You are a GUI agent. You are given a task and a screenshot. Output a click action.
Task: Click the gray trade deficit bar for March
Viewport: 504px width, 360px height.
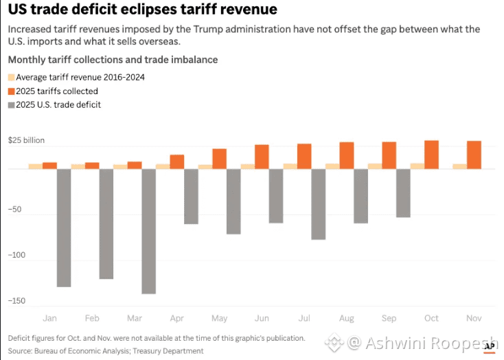click(x=148, y=231)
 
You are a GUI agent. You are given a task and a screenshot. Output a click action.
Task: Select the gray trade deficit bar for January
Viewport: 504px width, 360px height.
click(x=64, y=227)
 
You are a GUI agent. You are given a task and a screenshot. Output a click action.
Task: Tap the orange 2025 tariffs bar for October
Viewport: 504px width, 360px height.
click(x=431, y=155)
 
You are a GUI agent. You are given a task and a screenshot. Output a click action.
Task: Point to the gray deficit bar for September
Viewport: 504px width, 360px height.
click(x=403, y=193)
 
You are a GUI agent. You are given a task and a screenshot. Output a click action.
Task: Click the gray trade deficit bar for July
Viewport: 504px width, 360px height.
click(x=318, y=204)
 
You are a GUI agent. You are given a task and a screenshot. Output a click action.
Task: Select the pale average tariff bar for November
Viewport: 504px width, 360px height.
click(x=459, y=166)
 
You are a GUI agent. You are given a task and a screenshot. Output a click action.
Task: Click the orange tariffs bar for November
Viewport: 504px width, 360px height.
click(x=474, y=155)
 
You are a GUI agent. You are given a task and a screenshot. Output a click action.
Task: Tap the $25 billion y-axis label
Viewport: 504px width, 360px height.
click(x=26, y=141)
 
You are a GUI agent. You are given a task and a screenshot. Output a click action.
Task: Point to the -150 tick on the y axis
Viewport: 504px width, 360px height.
click(x=16, y=301)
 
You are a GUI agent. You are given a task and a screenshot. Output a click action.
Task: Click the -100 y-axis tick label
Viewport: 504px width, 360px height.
click(x=16, y=256)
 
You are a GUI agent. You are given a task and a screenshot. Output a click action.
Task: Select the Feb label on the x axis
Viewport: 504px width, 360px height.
click(x=92, y=318)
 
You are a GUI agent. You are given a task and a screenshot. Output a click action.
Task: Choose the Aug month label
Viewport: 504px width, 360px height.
click(x=347, y=318)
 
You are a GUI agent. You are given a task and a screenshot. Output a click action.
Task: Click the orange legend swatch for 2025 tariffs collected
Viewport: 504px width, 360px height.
click(x=11, y=91)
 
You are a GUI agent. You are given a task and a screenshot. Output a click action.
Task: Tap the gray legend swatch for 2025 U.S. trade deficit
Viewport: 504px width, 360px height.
click(x=11, y=105)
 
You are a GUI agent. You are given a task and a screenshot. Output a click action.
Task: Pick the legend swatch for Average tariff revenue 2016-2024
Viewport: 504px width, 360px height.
click(x=11, y=78)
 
